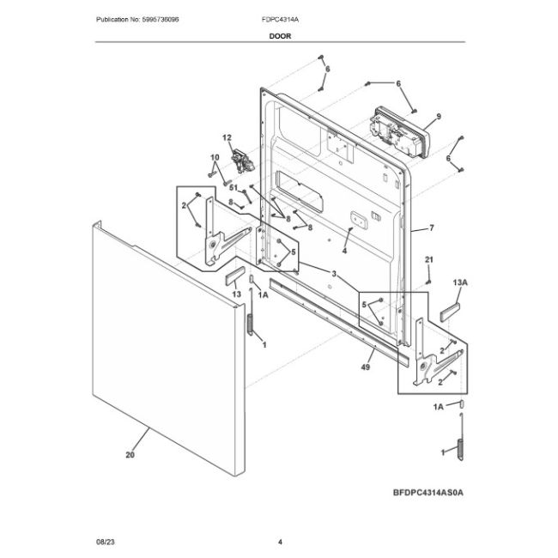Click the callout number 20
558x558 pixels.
(130, 456)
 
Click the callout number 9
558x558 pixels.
(438, 116)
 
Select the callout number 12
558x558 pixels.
(227, 138)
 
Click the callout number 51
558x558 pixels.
(231, 189)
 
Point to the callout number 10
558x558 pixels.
(215, 156)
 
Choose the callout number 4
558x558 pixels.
(343, 252)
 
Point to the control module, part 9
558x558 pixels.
(397, 129)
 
